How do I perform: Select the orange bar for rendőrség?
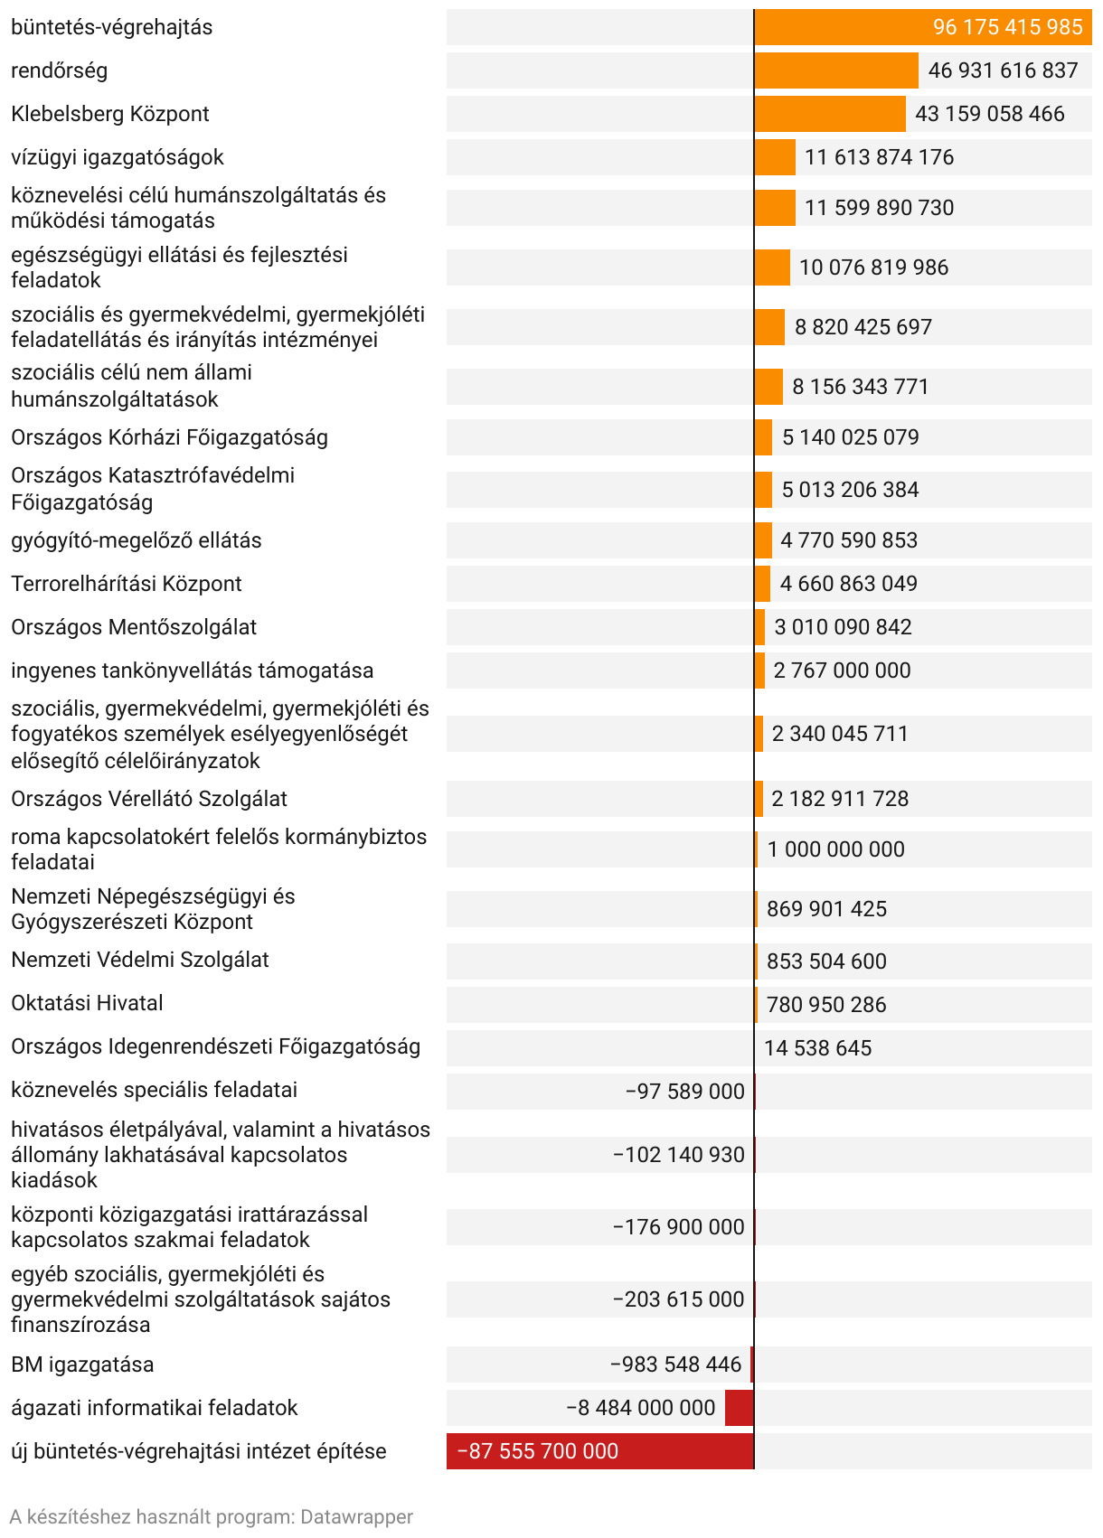point(836,70)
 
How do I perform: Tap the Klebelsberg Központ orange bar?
point(830,114)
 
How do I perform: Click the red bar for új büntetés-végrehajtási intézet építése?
point(600,1451)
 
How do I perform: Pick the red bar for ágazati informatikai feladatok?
point(739,1408)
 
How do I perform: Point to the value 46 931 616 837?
point(1003,70)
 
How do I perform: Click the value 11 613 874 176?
point(879,157)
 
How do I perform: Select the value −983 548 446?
point(675,1365)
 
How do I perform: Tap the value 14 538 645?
point(817,1048)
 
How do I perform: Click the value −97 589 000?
point(684,1092)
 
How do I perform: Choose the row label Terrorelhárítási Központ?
point(127,584)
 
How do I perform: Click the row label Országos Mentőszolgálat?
point(134,627)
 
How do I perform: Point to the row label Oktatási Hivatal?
point(87,1003)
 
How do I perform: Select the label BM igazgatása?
point(82,1365)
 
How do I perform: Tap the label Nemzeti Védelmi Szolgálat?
point(140,960)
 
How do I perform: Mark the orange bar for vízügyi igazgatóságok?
point(775,157)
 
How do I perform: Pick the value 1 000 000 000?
point(835,849)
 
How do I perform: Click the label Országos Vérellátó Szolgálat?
point(149,799)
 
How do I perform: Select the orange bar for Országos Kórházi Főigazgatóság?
point(764,437)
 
